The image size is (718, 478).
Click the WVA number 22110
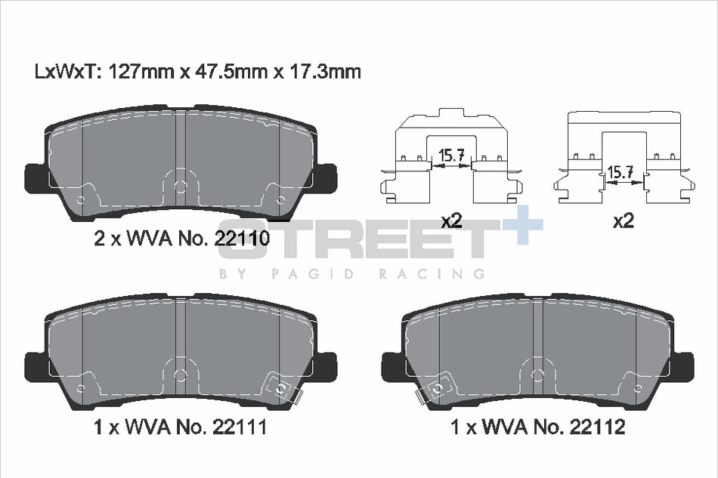pyautogui.click(x=242, y=239)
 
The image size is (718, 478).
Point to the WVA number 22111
pyautogui.click(x=240, y=427)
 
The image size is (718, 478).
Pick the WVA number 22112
pyautogui.click(x=598, y=427)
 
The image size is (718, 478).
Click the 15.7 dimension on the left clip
pyautogui.click(x=451, y=156)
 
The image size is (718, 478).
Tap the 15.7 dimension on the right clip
pyautogui.click(x=620, y=172)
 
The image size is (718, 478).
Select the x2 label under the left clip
pyautogui.click(x=451, y=221)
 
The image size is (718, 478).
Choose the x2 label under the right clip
pyautogui.click(x=624, y=221)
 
